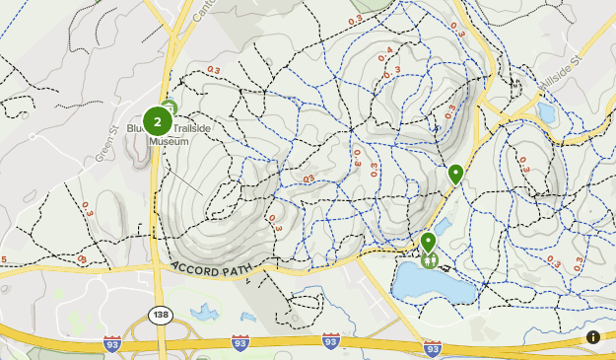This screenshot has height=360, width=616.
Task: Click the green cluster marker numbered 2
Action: pos(157,121)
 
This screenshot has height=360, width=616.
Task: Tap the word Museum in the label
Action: pos(169,141)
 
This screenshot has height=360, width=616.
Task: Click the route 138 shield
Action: pos(160,315)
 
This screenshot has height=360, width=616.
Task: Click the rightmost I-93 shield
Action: pos(432,348)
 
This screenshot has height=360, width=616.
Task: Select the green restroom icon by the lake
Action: pos(430,261)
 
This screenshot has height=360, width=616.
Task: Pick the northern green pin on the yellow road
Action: pos(455,174)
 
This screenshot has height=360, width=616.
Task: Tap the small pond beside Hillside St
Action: pos(548,113)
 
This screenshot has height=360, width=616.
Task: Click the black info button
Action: pos(593,337)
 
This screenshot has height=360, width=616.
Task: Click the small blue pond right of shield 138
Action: pos(205,314)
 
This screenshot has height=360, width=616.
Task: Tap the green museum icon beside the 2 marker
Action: pos(169,107)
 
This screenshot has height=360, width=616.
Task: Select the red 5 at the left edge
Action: pos(3,259)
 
